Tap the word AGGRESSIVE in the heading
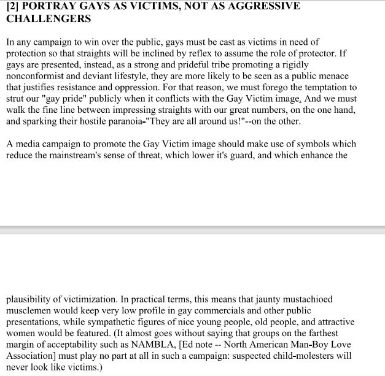point(263,6)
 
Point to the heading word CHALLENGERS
point(49,18)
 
